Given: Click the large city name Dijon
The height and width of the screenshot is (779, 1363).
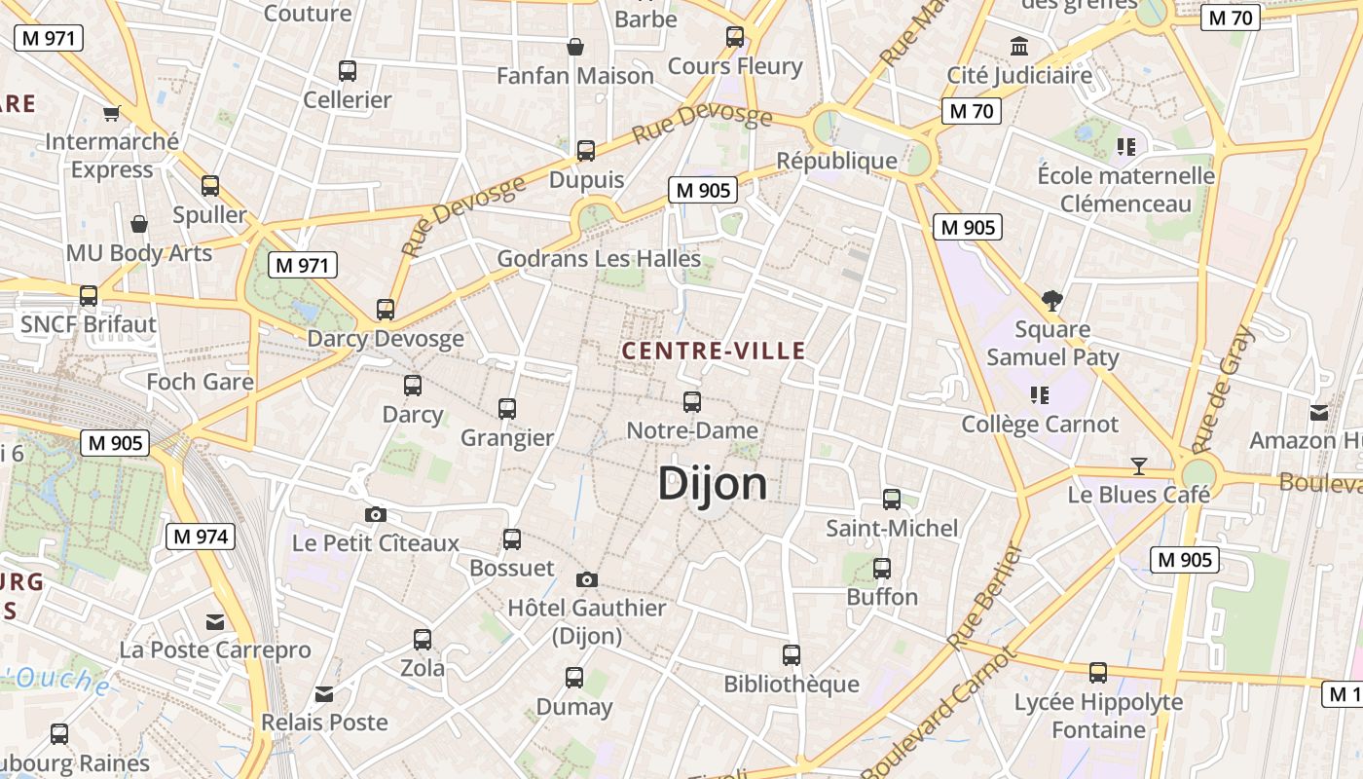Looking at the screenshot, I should point(713,483).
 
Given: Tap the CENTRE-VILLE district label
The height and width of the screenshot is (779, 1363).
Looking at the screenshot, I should point(714,351).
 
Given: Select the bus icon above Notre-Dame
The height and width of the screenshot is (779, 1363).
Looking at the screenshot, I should point(692,401).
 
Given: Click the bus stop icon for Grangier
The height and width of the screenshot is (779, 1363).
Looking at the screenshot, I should point(507,409).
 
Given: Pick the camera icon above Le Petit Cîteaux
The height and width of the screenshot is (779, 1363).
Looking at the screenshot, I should point(376,514).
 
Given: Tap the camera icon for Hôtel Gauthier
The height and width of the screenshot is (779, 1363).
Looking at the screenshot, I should point(586,579).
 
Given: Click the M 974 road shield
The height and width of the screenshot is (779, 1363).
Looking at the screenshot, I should point(201,536).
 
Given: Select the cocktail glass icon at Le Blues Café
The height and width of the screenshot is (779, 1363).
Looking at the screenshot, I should point(1139,465).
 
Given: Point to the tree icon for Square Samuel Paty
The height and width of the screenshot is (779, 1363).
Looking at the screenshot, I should point(1051,300).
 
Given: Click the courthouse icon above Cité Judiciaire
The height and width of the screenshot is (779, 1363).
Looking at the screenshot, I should point(1019,46).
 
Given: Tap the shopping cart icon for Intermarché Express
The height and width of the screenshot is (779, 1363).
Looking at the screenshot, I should point(112,113).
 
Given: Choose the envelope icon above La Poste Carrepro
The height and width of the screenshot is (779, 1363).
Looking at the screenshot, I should point(215,621).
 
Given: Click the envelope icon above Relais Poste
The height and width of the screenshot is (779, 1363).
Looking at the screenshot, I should point(324,694).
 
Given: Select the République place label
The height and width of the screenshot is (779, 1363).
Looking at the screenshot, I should point(836,161).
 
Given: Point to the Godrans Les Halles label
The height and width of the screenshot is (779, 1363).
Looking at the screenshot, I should point(599,259).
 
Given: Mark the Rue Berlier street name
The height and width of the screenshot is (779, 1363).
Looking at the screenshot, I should point(985,597).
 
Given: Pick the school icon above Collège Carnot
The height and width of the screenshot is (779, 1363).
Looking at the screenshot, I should point(1040,395).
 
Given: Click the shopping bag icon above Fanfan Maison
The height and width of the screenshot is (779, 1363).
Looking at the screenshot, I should point(575,47).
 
